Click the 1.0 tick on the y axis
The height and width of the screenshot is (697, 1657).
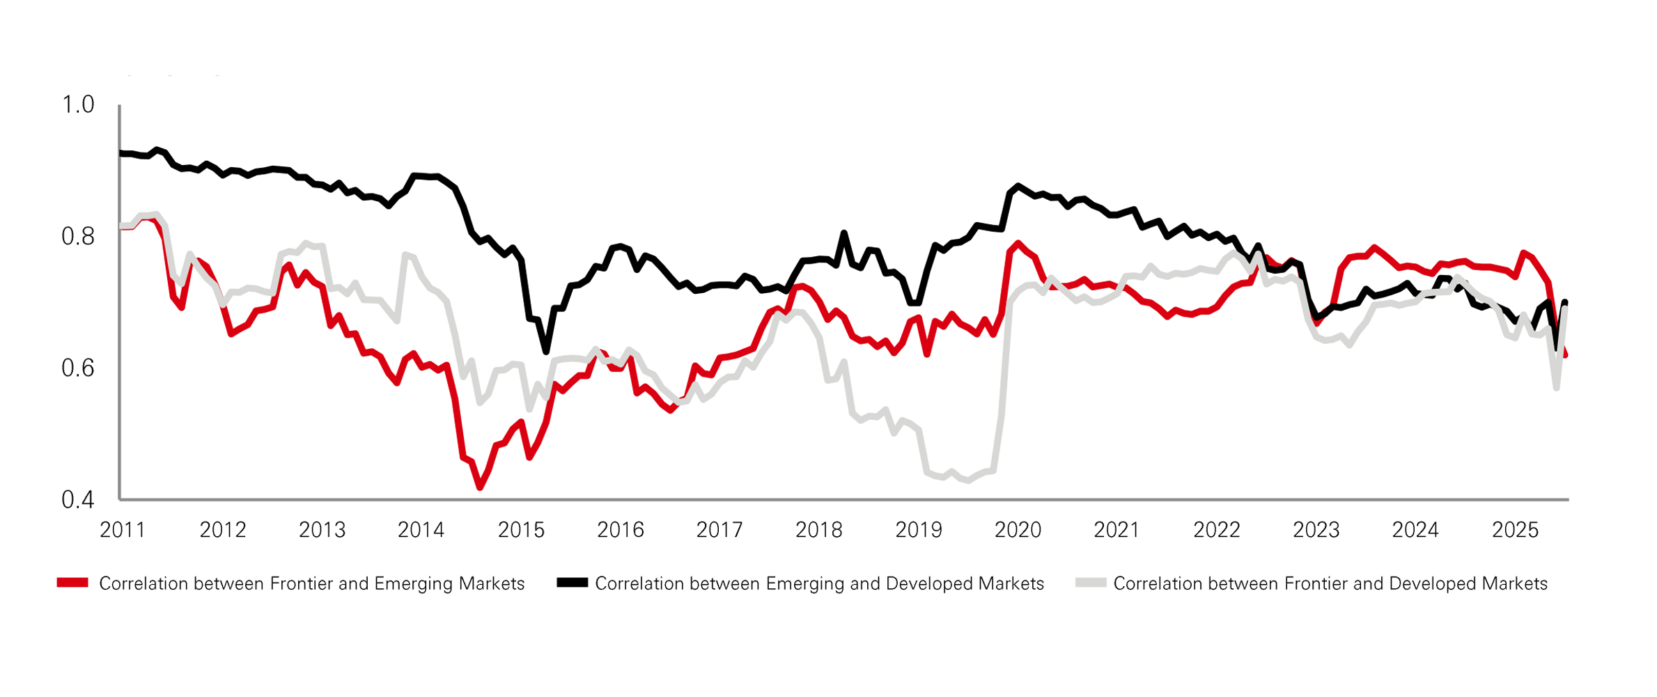[x=78, y=105]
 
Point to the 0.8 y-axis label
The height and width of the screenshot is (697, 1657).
[x=78, y=237]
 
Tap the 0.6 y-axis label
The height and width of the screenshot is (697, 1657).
[x=78, y=368]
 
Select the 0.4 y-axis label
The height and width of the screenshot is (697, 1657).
[x=78, y=499]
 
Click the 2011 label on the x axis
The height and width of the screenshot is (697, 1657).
[x=123, y=531]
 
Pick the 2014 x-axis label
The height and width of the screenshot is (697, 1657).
[x=421, y=531]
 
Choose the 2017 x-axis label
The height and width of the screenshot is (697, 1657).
[x=719, y=531]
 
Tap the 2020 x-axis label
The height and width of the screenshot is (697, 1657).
[x=1018, y=531]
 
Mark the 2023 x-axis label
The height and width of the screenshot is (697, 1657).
[x=1316, y=531]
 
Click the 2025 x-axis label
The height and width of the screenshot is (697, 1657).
[x=1515, y=531]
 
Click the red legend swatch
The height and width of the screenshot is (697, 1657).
[x=72, y=584]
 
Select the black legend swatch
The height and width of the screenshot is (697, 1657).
[x=572, y=584]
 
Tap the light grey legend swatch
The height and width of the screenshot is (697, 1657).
[x=1091, y=584]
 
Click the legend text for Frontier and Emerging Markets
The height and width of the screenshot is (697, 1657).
[x=311, y=584]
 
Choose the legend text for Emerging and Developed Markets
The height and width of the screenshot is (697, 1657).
[x=819, y=584]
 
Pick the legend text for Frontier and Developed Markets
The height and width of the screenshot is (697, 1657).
[x=1330, y=584]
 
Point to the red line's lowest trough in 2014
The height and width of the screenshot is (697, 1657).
[x=480, y=487]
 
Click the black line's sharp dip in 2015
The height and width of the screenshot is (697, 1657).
[x=546, y=352]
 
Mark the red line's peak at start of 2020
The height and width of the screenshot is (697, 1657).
[x=1019, y=243]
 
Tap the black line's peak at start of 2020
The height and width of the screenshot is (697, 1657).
[x=1018, y=186]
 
